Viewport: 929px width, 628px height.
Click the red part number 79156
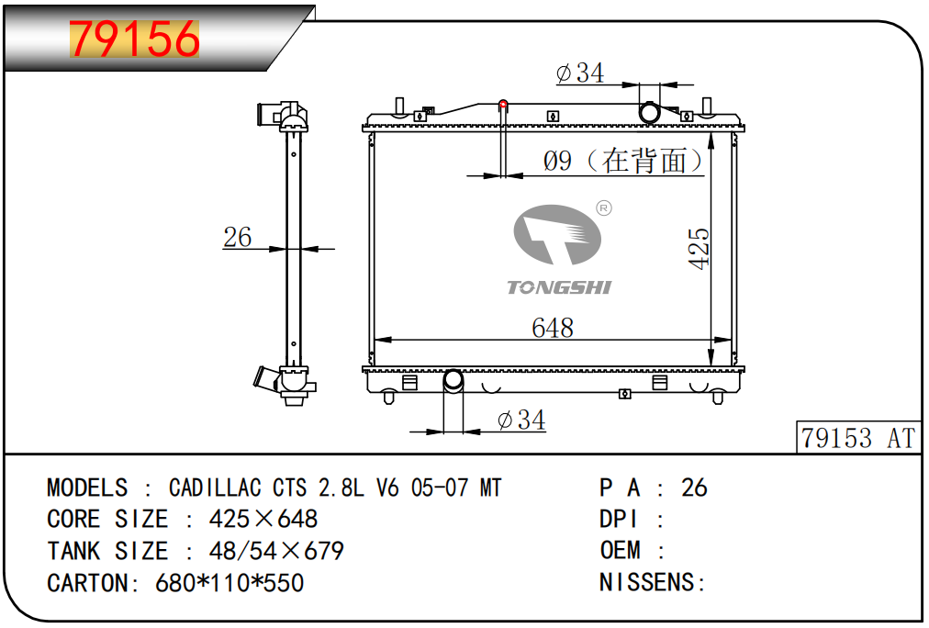tap(135, 39)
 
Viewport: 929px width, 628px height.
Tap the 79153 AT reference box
tap(858, 439)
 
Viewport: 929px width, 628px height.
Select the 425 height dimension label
tap(700, 248)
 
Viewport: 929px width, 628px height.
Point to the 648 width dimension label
tap(553, 328)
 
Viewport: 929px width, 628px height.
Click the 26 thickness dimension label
tap(238, 237)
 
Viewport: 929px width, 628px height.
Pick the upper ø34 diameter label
tap(580, 73)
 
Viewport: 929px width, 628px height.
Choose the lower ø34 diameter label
tap(521, 421)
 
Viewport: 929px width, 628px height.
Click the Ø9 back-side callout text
tap(623, 161)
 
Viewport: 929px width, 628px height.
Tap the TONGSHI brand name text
tap(559, 287)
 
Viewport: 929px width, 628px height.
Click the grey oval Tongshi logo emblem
tap(557, 235)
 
